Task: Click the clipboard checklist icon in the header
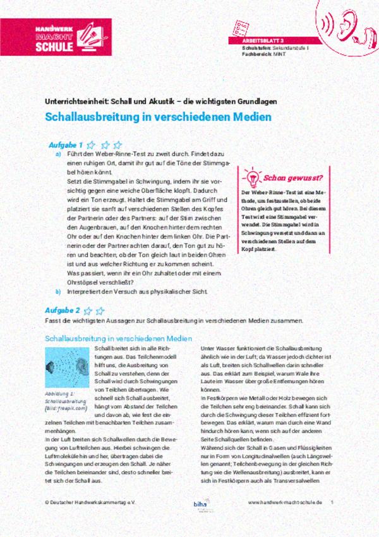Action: [x=244, y=24]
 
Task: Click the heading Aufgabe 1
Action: [x=66, y=145]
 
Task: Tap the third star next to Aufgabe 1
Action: [x=117, y=145]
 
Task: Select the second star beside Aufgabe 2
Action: [x=100, y=311]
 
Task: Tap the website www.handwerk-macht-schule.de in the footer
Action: [x=285, y=502]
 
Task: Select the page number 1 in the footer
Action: [x=332, y=502]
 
